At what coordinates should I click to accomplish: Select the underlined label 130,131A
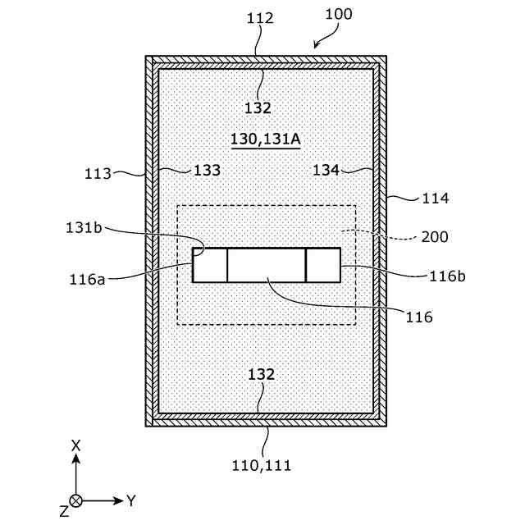[x=266, y=139]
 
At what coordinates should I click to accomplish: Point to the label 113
[x=98, y=174]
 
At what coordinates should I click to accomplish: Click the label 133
[x=207, y=171]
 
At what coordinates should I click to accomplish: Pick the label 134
[x=326, y=170]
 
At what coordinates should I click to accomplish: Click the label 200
[x=434, y=237]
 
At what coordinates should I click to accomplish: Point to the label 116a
[x=89, y=279]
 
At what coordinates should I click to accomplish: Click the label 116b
[x=447, y=276]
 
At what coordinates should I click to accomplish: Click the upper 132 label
[x=257, y=107]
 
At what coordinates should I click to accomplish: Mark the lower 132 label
[x=262, y=374]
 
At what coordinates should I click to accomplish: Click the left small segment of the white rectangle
[x=210, y=265]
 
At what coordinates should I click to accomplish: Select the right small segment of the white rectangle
[x=323, y=265]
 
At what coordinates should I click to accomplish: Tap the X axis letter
[x=75, y=445]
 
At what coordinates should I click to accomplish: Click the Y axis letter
[x=130, y=499]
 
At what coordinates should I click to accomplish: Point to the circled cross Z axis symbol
[x=76, y=500]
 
